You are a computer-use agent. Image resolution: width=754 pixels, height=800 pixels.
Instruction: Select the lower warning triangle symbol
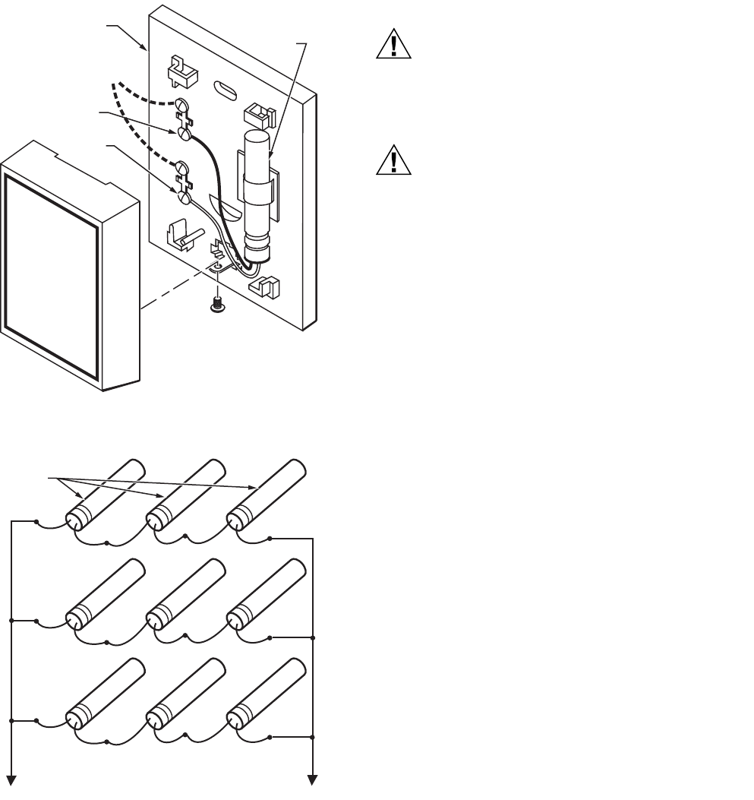point(393,161)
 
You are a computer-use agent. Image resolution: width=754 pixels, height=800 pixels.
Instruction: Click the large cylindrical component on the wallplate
point(256,197)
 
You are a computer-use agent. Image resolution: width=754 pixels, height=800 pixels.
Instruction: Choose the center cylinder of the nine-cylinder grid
point(185,594)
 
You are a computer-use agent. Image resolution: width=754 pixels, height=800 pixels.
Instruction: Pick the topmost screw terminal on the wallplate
point(183,104)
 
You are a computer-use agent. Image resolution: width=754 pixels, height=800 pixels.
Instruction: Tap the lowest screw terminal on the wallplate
point(183,197)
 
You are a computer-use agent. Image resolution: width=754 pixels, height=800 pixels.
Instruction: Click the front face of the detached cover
point(50,277)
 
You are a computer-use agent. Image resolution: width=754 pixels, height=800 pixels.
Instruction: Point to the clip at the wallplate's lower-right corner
point(265,287)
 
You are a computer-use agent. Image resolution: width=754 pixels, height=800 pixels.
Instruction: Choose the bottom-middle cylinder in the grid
point(185,694)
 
